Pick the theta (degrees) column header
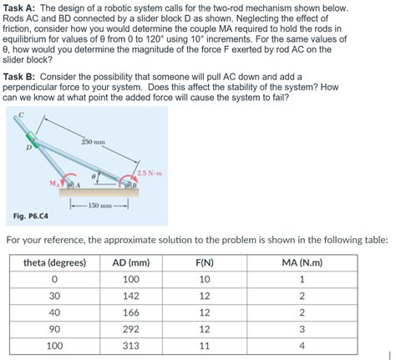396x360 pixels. pyautogui.click(x=55, y=261)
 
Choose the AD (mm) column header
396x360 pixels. pyautogui.click(x=130, y=261)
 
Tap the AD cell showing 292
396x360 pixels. pyautogui.click(x=130, y=328)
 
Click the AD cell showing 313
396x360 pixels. pyautogui.click(x=130, y=345)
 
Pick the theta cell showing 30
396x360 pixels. pyautogui.click(x=55, y=295)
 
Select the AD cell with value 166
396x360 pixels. pyautogui.click(x=130, y=312)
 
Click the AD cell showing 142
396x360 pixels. pyautogui.click(x=130, y=295)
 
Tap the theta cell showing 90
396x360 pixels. pyautogui.click(x=55, y=328)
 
